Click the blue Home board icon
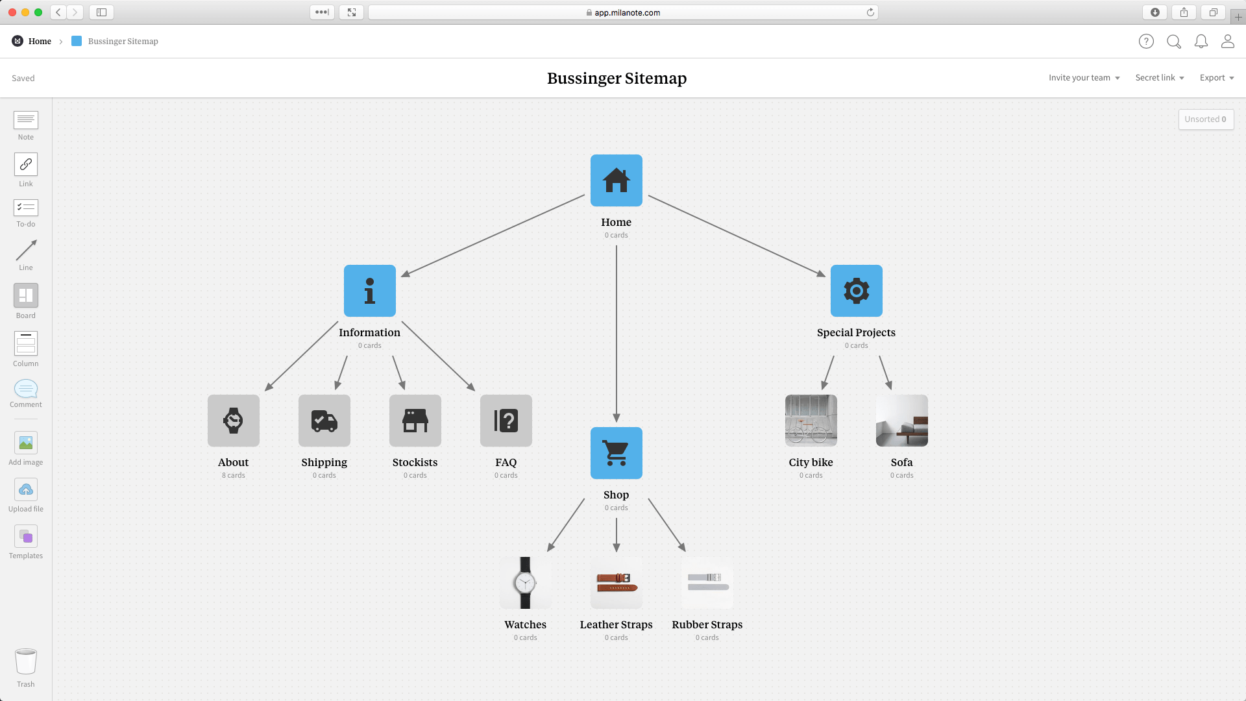[x=616, y=180]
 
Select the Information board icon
[x=369, y=291]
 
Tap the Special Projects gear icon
[x=856, y=291]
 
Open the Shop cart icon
[x=616, y=453]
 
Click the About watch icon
[x=234, y=421]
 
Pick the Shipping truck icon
[x=324, y=421]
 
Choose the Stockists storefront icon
[x=415, y=421]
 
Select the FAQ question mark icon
[x=506, y=421]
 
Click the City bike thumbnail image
[x=811, y=421]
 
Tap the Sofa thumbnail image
[x=901, y=421]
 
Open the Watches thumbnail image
[x=525, y=583]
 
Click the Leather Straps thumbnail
[x=616, y=583]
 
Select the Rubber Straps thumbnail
[x=707, y=583]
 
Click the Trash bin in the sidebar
[x=26, y=663]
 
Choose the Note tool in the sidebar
[x=26, y=120]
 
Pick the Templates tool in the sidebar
[x=26, y=537]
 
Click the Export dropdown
[x=1216, y=78]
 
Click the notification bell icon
[x=1201, y=42]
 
